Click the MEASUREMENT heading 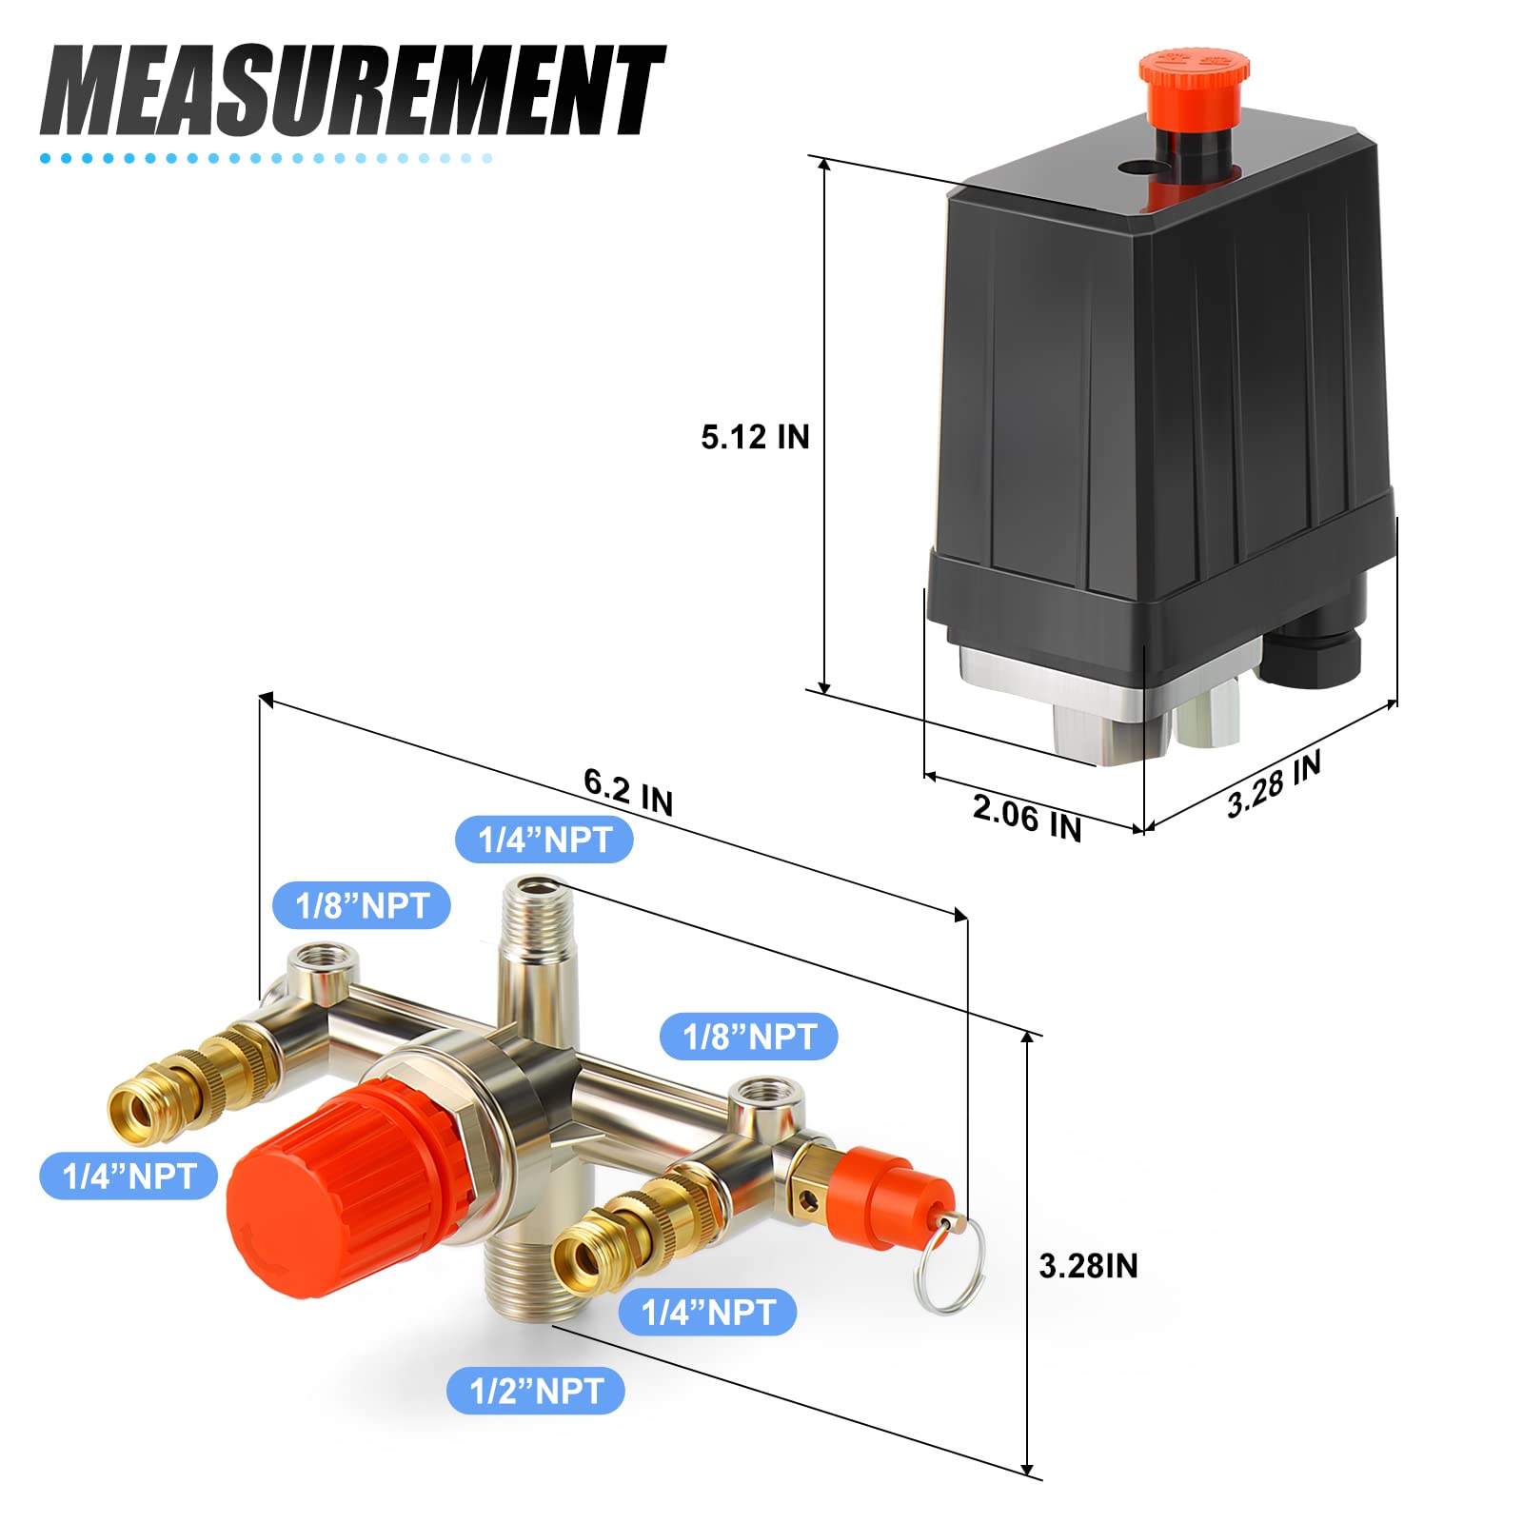(352, 90)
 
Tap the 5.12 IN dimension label (755, 437)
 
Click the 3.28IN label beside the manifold (1088, 1266)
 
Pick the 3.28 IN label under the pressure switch (1274, 785)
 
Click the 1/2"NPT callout (536, 1391)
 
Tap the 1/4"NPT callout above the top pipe (544, 840)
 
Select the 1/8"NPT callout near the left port (362, 905)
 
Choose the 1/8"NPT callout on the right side (750, 1037)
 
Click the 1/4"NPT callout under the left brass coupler (129, 1177)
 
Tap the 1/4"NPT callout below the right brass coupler (707, 1313)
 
